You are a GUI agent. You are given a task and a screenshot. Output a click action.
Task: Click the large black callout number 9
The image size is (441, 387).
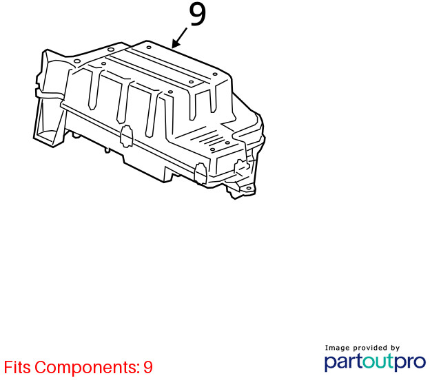click(198, 14)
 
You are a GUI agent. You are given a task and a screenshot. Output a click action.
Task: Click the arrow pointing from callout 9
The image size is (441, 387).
click(179, 39)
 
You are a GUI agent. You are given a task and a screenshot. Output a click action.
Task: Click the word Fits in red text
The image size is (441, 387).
click(17, 367)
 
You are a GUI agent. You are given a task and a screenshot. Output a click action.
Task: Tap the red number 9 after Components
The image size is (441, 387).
click(148, 367)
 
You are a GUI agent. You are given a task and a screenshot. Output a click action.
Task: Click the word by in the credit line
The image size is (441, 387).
click(395, 348)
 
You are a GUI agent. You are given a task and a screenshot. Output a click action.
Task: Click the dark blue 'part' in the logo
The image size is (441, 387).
click(344, 362)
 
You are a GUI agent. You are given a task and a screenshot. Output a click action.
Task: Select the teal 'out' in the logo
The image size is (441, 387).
click(379, 362)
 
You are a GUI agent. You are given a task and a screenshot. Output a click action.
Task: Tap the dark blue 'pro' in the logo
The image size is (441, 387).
click(411, 362)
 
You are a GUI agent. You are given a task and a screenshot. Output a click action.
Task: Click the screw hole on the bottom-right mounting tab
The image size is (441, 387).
click(249, 188)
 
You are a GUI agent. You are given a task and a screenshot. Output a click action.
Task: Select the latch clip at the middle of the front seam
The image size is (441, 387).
click(126, 136)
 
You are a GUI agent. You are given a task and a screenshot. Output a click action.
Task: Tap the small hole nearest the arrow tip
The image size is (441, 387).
click(149, 48)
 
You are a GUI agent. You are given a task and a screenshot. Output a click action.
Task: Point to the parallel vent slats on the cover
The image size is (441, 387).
click(212, 138)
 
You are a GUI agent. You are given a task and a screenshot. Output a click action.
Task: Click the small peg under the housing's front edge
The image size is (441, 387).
click(107, 150)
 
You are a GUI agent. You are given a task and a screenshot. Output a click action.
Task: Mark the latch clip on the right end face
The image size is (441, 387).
click(240, 167)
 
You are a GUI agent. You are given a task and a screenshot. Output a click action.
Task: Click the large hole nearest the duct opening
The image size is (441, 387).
click(76, 61)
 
